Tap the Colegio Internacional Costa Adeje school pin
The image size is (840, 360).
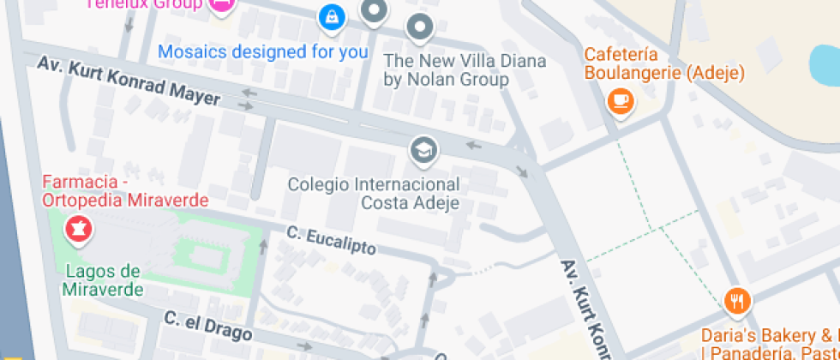(x=423, y=151)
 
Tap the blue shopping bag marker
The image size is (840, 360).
(x=330, y=15)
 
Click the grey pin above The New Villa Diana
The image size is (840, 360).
(x=419, y=27)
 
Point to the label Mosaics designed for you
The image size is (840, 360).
(x=263, y=51)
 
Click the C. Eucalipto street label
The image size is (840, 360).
(x=331, y=240)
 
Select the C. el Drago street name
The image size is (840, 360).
(x=207, y=326)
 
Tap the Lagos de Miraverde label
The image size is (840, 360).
(x=101, y=280)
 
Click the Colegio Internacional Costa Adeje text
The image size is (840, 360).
(x=374, y=194)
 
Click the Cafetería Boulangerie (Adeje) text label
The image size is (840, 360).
(x=663, y=63)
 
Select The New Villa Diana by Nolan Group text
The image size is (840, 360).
(x=447, y=69)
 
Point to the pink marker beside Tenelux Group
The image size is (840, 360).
(x=221, y=5)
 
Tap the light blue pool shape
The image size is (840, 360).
(x=825, y=62)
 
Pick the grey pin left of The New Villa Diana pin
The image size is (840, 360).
(x=374, y=10)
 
